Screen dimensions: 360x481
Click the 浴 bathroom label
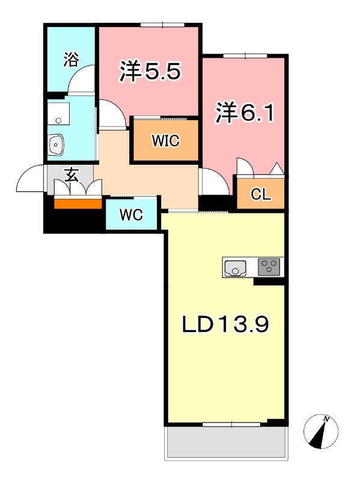71,60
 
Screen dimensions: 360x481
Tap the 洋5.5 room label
150,71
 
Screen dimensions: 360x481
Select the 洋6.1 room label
245,112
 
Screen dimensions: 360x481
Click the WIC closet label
166,141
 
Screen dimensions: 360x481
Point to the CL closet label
261,194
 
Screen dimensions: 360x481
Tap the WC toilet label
131,215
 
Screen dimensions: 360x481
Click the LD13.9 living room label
225,325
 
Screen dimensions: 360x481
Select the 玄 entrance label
71,175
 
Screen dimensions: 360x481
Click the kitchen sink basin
235,268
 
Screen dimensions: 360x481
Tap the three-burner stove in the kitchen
269,267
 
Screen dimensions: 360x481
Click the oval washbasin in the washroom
56,144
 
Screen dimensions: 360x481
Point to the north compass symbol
321,432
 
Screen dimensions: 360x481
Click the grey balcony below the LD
227,443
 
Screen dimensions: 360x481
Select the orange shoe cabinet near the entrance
78,204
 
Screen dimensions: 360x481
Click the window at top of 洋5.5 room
162,25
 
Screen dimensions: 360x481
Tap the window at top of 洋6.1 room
245,56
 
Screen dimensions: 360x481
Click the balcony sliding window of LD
231,424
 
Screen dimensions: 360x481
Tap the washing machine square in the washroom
58,114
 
